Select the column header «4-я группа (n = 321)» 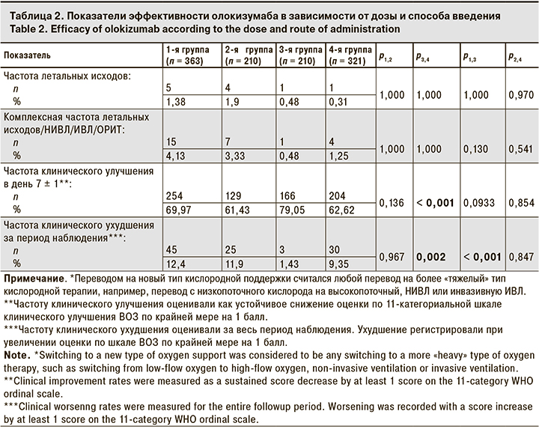point(350,55)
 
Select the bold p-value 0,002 point(430,256)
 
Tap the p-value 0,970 point(520,94)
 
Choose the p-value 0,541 point(520,149)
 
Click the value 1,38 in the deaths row point(175,100)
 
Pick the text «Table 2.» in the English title point(24,28)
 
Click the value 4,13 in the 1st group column point(175,155)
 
